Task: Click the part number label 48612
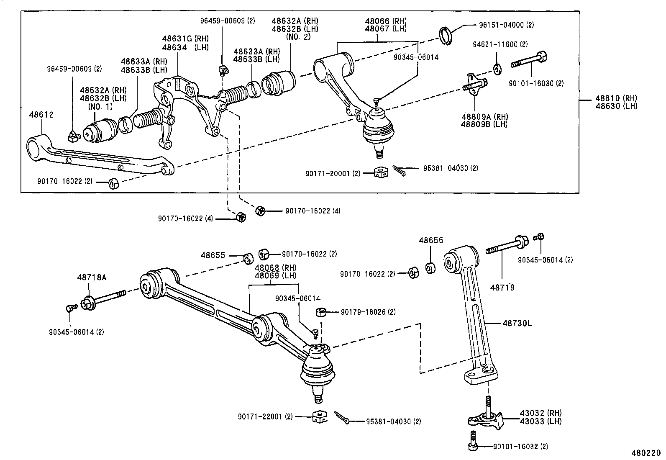(41, 114)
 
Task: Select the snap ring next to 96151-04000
(446, 35)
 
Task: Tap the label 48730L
(517, 323)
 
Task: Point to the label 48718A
(92, 277)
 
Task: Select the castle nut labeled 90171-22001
(319, 417)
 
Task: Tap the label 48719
(502, 288)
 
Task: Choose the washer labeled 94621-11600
(497, 69)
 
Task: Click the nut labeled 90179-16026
(321, 312)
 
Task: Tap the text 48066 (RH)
(385, 21)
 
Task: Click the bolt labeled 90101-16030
(528, 62)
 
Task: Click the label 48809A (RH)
(484, 116)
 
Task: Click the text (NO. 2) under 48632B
(299, 36)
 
